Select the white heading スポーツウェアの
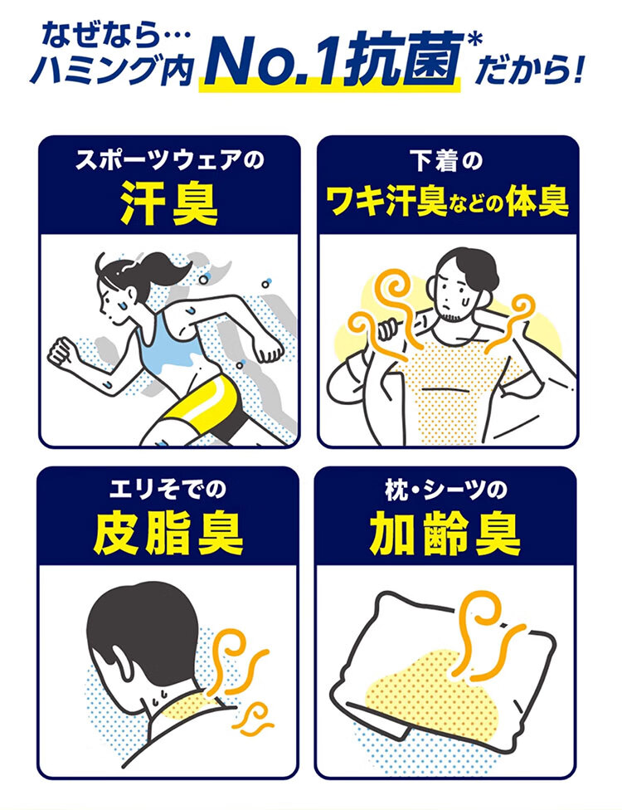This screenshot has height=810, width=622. point(169,160)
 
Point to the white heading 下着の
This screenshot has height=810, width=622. point(447,161)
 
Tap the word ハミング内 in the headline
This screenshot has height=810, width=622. point(113,72)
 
